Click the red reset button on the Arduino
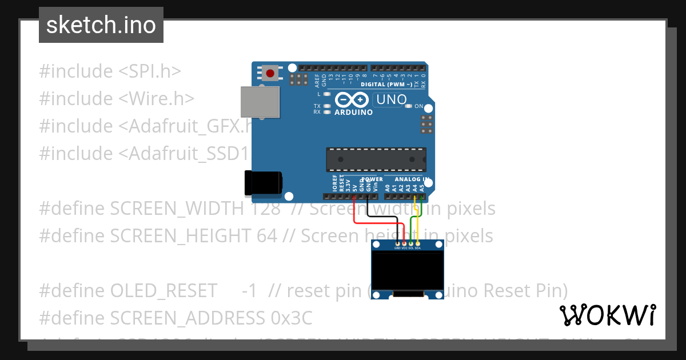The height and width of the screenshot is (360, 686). coord(269,73)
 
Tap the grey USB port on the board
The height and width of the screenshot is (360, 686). coord(260,102)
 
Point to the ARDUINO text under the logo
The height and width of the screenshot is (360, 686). coord(353,113)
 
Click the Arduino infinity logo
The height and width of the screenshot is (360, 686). coord(352,100)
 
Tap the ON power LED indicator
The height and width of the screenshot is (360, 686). coord(408,106)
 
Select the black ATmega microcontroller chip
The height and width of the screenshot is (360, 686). coord(376,159)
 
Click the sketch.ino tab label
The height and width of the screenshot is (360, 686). coord(101,25)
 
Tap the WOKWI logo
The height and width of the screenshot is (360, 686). coord(607,315)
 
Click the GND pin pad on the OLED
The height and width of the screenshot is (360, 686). coord(397,244)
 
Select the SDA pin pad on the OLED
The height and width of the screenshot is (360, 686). coord(418,244)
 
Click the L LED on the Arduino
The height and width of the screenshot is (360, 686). coord(327,94)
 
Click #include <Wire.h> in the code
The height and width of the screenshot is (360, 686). coord(117,99)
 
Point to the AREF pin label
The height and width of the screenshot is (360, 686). coord(317,78)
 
